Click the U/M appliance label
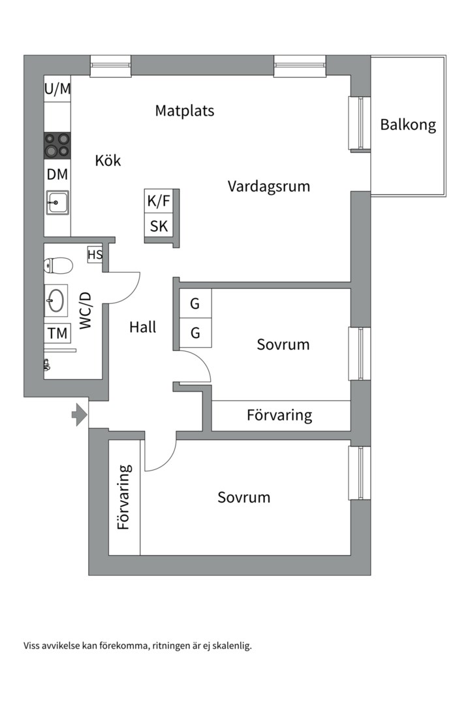point(57,90)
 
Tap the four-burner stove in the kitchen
point(57,145)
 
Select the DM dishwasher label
point(57,175)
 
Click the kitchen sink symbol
point(57,203)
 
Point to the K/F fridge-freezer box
point(159,201)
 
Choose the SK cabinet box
point(159,227)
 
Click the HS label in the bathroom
point(95,255)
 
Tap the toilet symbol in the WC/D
point(57,265)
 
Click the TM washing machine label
point(57,333)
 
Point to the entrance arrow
point(80,414)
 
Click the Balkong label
point(408,125)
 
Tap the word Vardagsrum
point(268,186)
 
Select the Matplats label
point(184,110)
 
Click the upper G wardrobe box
point(195,304)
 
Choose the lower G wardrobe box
point(195,333)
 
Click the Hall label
point(142,327)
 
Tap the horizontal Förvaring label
point(279,415)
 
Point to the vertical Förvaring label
point(124,497)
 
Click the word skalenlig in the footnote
point(230,646)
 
